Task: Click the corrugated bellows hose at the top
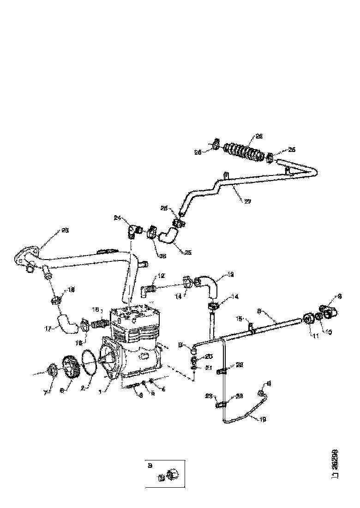[x=244, y=151]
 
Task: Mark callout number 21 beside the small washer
[x=209, y=368]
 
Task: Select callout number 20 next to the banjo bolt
[x=209, y=356]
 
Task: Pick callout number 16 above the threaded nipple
[x=96, y=310]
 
